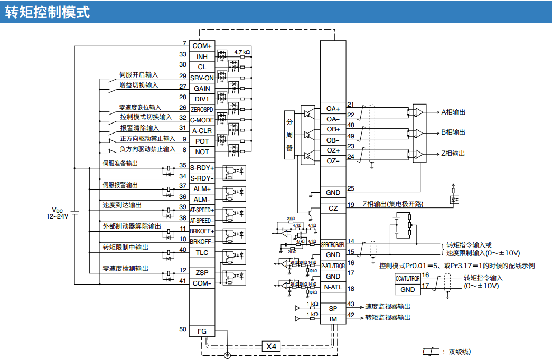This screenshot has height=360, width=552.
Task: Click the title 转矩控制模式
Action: coord(48,12)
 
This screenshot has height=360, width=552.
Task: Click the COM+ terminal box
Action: coord(202,46)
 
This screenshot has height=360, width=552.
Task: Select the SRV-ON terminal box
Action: coord(202,78)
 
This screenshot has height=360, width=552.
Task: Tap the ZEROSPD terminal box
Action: coord(202,109)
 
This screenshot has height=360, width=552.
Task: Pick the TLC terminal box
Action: coord(202,252)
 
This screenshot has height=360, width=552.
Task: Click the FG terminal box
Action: coord(202,331)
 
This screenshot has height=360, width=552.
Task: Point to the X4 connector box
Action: coord(270,346)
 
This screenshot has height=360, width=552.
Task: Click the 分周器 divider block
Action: coord(289,135)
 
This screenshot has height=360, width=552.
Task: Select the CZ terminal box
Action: coord(333,209)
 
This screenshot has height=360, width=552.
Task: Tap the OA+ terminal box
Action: coord(333,109)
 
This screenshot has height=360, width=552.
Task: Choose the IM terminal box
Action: coord(333,319)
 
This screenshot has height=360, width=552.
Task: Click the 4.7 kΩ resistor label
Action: coord(242,51)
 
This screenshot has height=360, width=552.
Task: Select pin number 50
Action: coord(183,329)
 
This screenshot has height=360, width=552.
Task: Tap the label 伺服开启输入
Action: coord(138,75)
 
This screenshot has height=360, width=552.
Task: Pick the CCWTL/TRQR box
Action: coord(408,278)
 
